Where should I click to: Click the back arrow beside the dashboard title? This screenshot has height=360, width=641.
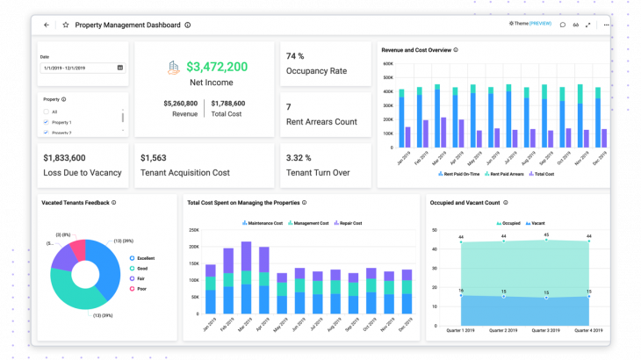tap(47, 25)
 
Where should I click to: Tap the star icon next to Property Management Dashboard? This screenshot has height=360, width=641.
tap(65, 25)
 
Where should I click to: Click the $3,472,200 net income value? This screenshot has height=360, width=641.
tap(216, 66)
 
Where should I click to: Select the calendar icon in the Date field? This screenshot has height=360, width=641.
tap(119, 68)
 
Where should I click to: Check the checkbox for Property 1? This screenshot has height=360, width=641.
tap(46, 122)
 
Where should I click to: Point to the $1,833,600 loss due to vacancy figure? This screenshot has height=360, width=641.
tap(64, 157)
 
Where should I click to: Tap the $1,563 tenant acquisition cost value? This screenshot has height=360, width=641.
tap(154, 157)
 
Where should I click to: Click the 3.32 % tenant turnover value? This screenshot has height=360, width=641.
tap(299, 157)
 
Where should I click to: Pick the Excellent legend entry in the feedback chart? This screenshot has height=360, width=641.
tap(144, 258)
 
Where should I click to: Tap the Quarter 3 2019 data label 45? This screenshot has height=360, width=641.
tap(546, 235)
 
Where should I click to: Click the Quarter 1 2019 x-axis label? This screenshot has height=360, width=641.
tap(461, 330)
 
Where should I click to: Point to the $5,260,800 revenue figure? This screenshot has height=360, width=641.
tap(180, 104)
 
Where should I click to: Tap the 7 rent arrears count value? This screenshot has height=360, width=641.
tap(289, 107)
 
